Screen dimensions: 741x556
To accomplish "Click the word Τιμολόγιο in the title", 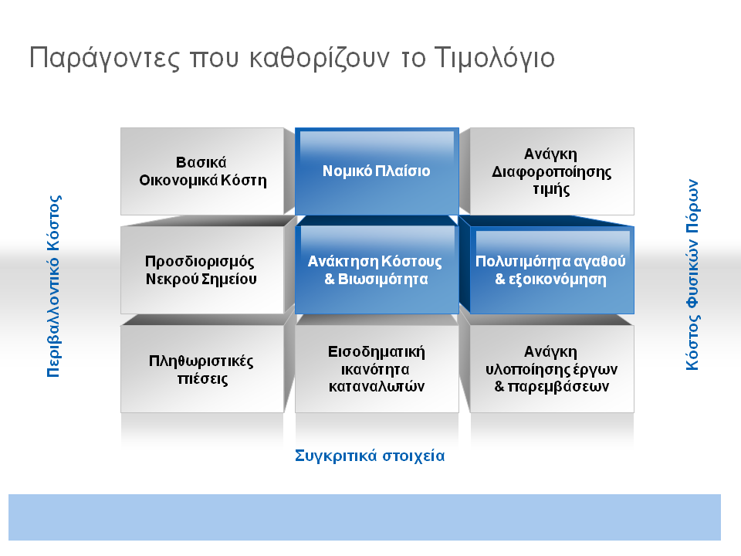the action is (x=494, y=59).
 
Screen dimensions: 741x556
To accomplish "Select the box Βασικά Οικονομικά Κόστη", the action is (x=202, y=171).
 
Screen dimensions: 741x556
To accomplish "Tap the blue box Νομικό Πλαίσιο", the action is (x=377, y=171).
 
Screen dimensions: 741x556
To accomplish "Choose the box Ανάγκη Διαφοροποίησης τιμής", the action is (x=552, y=171).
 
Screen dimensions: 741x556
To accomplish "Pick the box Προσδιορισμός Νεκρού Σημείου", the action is (x=202, y=270).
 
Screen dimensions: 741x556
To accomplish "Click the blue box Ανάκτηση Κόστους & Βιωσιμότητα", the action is (x=377, y=270).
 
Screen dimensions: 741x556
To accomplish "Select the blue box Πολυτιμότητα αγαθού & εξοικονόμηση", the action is (x=552, y=270).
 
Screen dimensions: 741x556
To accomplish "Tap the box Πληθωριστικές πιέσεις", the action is (x=202, y=369).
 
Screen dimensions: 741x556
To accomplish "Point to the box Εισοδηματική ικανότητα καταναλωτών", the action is (x=377, y=369).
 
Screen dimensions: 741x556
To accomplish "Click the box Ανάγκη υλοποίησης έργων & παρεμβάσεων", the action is (x=552, y=369).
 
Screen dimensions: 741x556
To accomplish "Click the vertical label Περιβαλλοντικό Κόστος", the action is (x=54, y=286).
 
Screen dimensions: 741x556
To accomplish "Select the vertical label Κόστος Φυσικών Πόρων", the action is (x=692, y=275).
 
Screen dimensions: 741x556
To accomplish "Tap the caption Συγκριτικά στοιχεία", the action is (x=370, y=456).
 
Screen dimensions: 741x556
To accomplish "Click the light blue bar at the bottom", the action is (x=364, y=517).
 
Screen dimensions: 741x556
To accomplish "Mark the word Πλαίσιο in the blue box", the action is (x=403, y=171).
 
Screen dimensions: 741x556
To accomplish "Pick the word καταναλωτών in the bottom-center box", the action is (x=377, y=387).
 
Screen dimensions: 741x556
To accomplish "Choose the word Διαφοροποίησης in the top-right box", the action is (x=551, y=172).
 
